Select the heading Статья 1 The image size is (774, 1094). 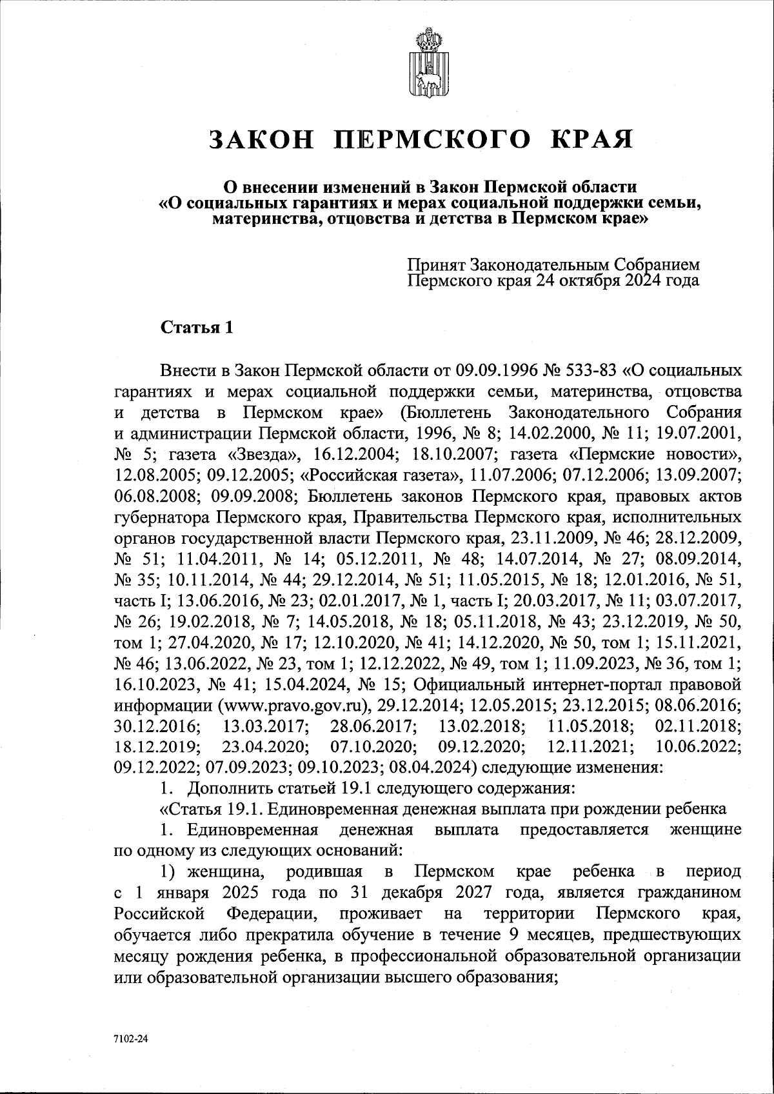196,328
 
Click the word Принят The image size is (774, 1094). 436,265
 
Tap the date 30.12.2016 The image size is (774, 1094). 155,726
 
